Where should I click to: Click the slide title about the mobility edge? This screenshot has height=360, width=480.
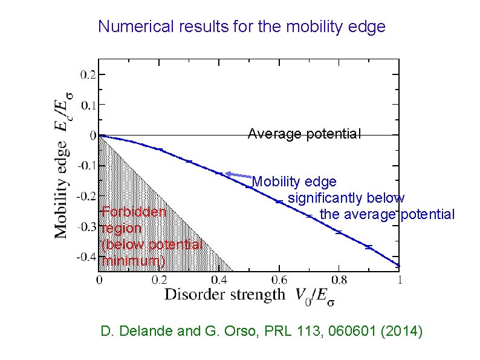tap(241, 27)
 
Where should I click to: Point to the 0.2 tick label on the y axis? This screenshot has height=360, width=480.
tap(88, 74)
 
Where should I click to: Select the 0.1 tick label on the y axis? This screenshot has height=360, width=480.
tap(88, 105)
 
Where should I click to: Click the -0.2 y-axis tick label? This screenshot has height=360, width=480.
tap(85, 196)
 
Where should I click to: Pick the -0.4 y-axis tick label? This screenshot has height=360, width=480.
tap(85, 257)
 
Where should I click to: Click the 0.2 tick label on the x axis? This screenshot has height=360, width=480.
tap(160, 280)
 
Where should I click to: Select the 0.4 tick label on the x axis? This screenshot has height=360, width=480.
tap(219, 280)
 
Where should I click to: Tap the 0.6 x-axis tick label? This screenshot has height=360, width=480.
tap(279, 280)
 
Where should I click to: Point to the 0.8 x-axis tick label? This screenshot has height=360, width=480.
tap(339, 280)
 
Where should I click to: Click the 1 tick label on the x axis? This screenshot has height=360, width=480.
tap(399, 280)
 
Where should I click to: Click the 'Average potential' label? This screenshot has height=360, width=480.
tap(304, 134)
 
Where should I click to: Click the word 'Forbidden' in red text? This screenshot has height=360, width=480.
tap(134, 212)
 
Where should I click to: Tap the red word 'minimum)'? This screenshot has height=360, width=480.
tap(133, 261)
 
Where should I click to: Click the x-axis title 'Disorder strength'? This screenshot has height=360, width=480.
tap(224, 295)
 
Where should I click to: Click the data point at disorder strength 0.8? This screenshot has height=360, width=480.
tap(339, 232)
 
